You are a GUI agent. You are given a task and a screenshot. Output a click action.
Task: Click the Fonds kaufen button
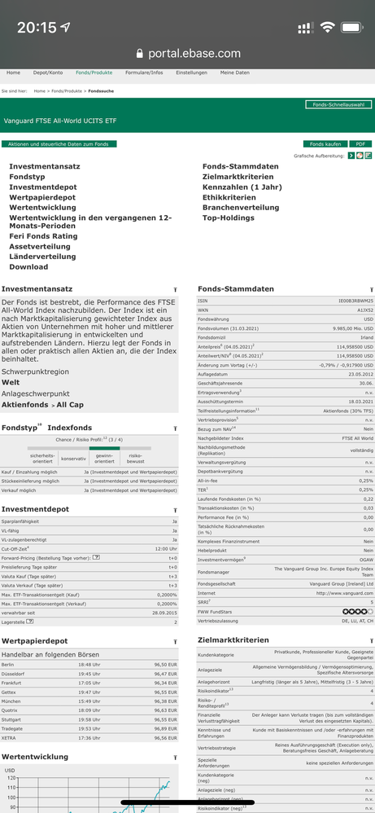pos(323,143)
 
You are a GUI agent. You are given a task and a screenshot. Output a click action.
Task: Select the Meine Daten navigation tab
pos(234,73)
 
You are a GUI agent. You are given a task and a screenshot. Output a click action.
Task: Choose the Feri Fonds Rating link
pos(43,236)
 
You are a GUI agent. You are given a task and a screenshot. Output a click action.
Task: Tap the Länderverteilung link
pos(42,257)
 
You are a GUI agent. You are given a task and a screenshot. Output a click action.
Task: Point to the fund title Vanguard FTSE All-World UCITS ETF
pos(59,121)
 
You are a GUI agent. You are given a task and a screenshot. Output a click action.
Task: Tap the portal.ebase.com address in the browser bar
pos(194,53)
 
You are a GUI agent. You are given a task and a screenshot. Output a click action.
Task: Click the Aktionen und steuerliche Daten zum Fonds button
pos(59,143)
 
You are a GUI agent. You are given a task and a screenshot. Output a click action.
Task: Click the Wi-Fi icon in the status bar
pos(327,27)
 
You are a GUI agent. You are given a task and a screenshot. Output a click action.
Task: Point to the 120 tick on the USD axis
pos(11,777)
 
